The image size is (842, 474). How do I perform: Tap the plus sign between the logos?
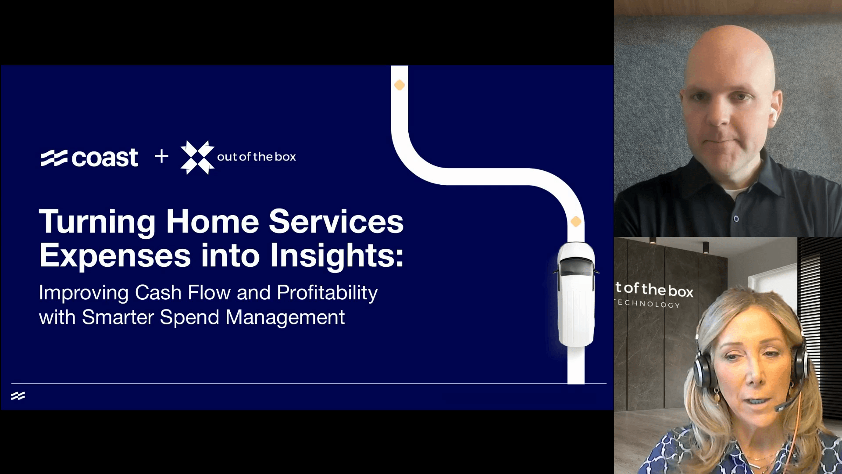[x=161, y=156]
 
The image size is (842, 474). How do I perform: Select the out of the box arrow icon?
[x=197, y=157]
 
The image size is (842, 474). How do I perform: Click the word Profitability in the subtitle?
[x=327, y=293]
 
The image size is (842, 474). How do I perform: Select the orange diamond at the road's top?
[x=399, y=85]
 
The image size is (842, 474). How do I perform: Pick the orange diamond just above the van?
[x=576, y=222]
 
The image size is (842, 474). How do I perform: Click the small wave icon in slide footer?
[x=18, y=396]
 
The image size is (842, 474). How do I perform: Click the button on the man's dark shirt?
[x=736, y=219]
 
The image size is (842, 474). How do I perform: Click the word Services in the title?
[x=336, y=222]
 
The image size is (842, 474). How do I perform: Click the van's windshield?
[x=576, y=267]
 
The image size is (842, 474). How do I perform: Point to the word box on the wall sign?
[x=681, y=291]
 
